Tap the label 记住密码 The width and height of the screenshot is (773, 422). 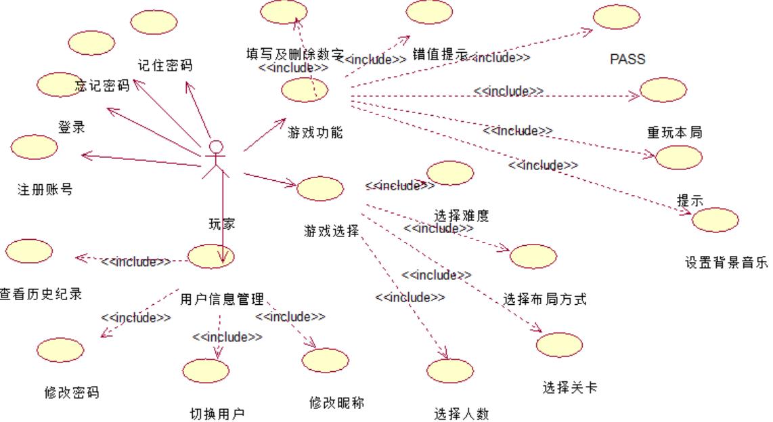[165, 66]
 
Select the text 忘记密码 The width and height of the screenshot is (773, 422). [102, 86]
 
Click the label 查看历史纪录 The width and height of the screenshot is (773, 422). [41, 294]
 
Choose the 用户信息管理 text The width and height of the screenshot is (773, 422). [222, 298]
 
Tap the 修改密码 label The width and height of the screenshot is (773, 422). [71, 392]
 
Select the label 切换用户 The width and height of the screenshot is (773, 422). [217, 413]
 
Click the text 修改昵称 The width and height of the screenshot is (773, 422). [336, 402]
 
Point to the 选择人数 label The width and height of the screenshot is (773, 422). [461, 413]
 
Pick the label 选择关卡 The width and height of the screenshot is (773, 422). [570, 388]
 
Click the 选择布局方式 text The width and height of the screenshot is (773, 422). [545, 299]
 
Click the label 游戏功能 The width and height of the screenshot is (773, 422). [315, 131]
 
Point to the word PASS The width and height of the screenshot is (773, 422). [627, 60]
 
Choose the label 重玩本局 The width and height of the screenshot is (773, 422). [674, 132]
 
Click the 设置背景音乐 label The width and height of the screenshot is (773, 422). [726, 263]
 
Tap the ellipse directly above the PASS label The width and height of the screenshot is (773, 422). [617, 18]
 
